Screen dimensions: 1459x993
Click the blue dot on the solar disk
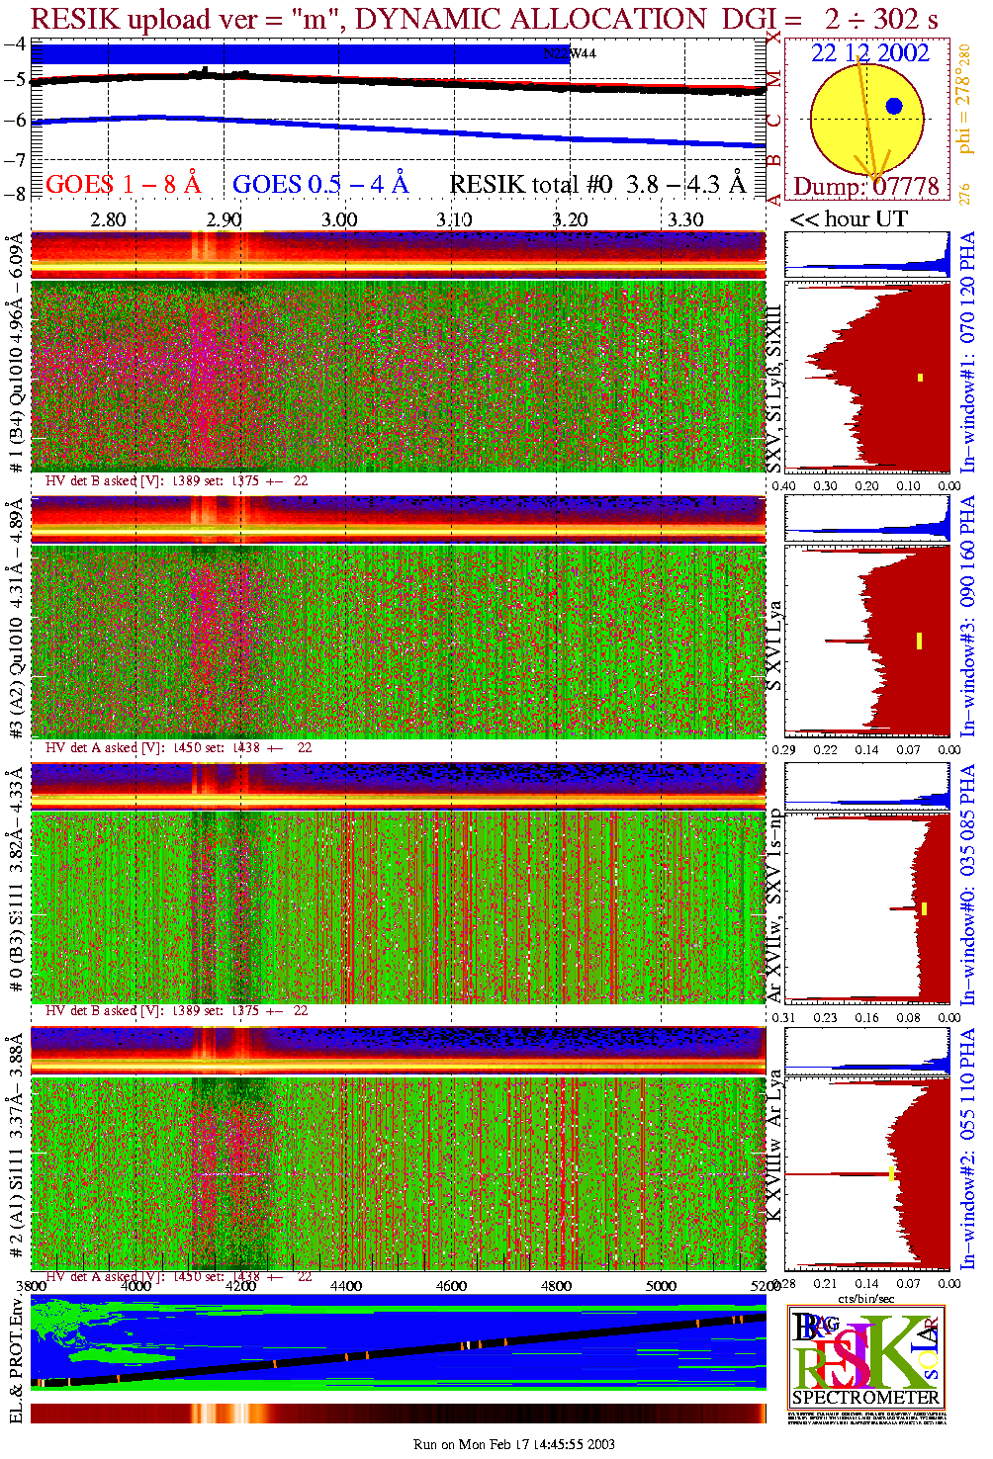click(894, 106)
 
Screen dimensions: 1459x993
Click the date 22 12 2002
click(870, 53)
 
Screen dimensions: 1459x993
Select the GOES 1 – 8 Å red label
click(123, 184)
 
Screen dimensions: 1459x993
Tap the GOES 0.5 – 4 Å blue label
click(320, 184)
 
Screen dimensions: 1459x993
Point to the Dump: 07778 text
click(866, 187)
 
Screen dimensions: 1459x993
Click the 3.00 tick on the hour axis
click(339, 219)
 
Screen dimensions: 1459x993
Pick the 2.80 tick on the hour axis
click(108, 219)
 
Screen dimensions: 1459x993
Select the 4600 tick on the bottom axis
click(451, 1286)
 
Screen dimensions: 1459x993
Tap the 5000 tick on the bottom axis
click(661, 1286)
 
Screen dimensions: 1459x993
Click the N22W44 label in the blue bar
click(571, 53)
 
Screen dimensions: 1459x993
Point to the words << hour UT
click(849, 219)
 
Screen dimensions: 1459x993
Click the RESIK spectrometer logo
click(865, 1354)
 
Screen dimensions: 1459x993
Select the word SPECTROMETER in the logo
click(865, 1398)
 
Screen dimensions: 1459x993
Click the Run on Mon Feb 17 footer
click(514, 1444)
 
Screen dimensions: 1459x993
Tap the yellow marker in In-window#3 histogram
click(919, 641)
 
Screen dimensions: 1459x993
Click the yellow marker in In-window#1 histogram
click(920, 377)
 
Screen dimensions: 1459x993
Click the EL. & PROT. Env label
click(16, 1362)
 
